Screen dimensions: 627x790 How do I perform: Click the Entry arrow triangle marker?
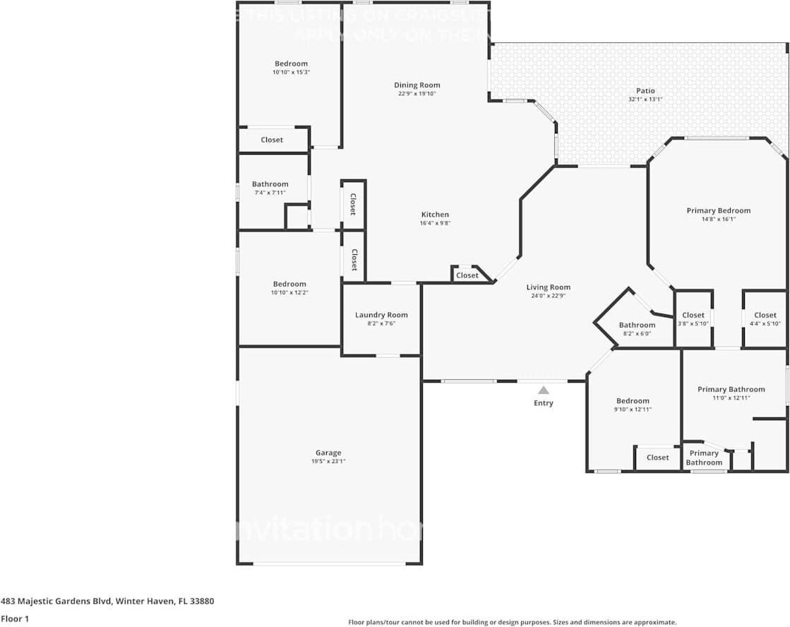click(543, 390)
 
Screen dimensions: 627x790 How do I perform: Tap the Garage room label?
click(328, 453)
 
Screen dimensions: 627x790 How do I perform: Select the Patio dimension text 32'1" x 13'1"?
click(645, 100)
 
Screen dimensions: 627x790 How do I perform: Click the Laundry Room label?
click(381, 315)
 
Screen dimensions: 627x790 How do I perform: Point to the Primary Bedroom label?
click(718, 210)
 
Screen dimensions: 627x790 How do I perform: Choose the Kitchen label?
click(435, 215)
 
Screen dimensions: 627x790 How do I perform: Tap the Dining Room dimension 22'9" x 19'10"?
click(417, 93)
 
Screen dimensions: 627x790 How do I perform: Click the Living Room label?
click(548, 287)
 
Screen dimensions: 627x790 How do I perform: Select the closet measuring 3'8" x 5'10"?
click(693, 319)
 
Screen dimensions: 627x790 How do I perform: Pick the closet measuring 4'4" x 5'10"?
click(765, 319)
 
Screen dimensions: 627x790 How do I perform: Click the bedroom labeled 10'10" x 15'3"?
click(291, 68)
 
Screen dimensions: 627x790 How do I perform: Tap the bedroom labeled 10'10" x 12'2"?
click(289, 288)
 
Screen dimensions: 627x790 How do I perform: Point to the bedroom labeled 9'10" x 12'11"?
click(632, 405)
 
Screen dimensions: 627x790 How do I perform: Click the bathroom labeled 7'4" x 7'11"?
click(270, 188)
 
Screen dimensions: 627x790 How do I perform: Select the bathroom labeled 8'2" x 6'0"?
click(637, 329)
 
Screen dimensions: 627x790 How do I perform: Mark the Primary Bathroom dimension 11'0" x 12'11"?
click(731, 398)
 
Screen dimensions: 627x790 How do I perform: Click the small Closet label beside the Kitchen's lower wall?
click(467, 275)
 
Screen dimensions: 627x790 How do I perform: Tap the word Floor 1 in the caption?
click(16, 619)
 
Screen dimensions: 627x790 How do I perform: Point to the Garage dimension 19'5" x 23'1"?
click(328, 462)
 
